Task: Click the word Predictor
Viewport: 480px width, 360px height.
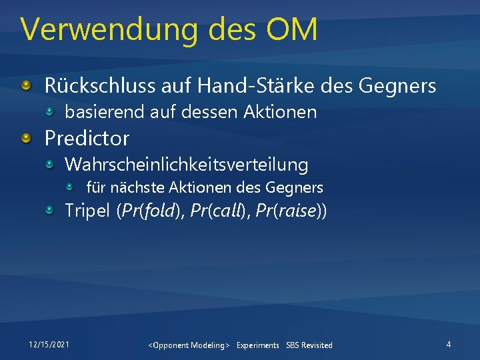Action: [87, 138]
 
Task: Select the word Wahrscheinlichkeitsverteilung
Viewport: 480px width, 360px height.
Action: [186, 164]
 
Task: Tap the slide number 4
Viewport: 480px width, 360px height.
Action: [449, 344]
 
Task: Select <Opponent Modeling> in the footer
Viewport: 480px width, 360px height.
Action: [189, 345]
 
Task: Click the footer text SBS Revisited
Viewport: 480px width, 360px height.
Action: [309, 345]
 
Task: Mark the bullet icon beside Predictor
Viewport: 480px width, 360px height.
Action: [26, 138]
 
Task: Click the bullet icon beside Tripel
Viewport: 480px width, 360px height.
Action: [51, 211]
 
